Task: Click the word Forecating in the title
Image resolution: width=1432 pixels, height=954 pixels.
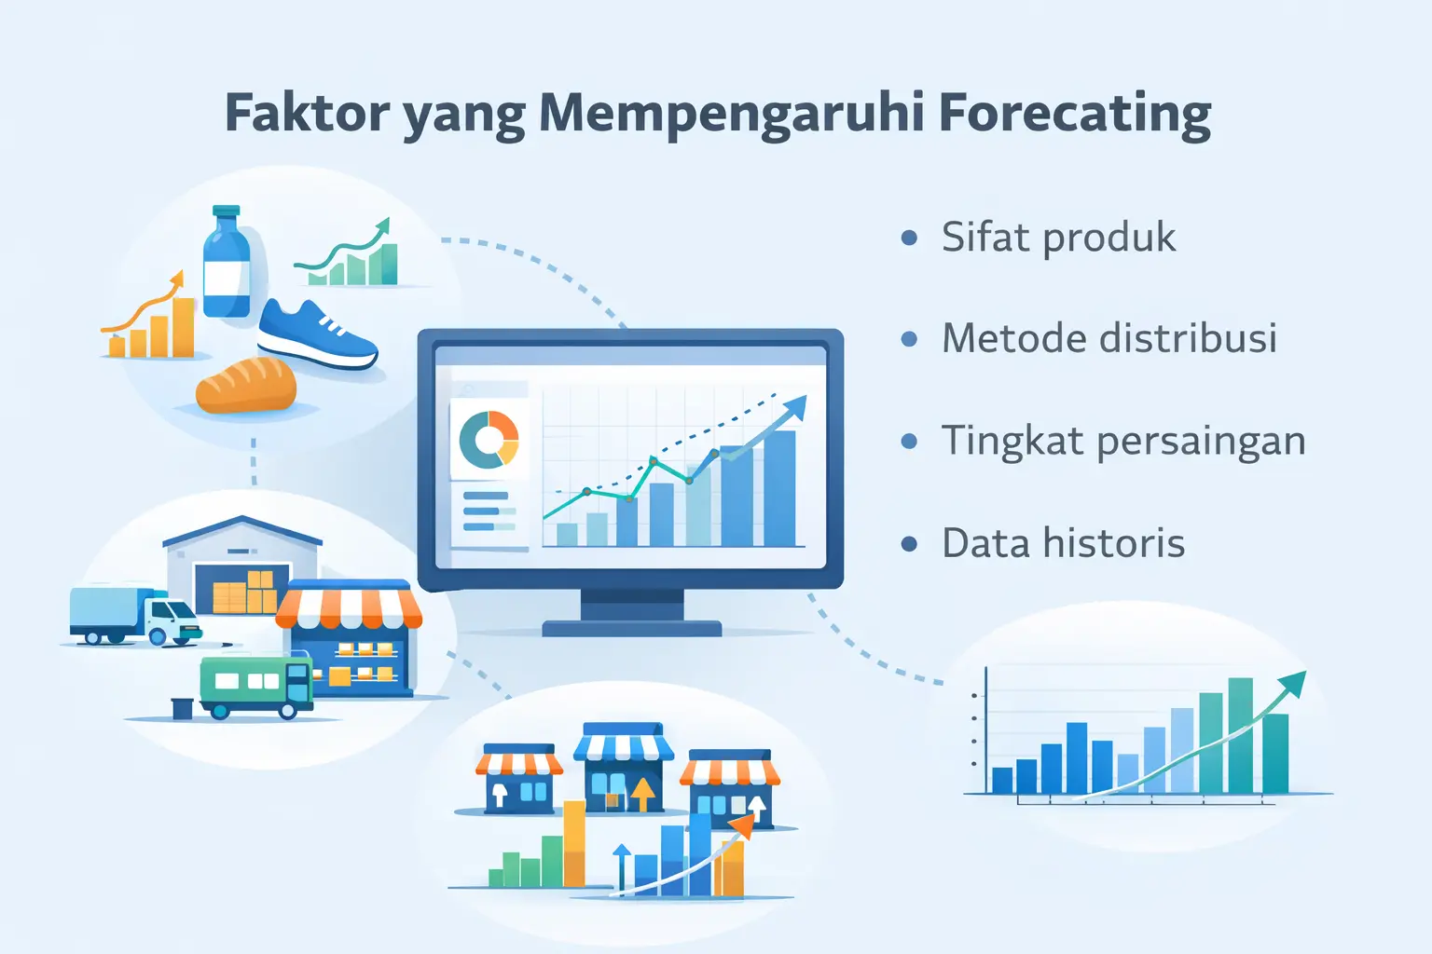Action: (1074, 113)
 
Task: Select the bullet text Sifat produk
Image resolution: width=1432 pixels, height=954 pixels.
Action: (1058, 238)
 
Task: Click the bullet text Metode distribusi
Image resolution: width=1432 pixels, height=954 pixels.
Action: (1108, 338)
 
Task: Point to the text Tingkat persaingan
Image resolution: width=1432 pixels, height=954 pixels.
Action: (1122, 441)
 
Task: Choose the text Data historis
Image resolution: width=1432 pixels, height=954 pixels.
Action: (1063, 543)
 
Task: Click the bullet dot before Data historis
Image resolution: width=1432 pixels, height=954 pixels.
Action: (909, 544)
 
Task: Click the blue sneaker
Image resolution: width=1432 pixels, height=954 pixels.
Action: (317, 335)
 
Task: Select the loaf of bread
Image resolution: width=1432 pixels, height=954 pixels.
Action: (246, 386)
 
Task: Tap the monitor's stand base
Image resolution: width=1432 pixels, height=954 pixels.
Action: (632, 628)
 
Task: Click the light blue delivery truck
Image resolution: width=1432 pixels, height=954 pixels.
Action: (134, 616)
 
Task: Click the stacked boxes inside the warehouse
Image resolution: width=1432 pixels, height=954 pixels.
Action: (243, 593)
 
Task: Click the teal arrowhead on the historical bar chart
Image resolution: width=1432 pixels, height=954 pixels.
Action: (1293, 684)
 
